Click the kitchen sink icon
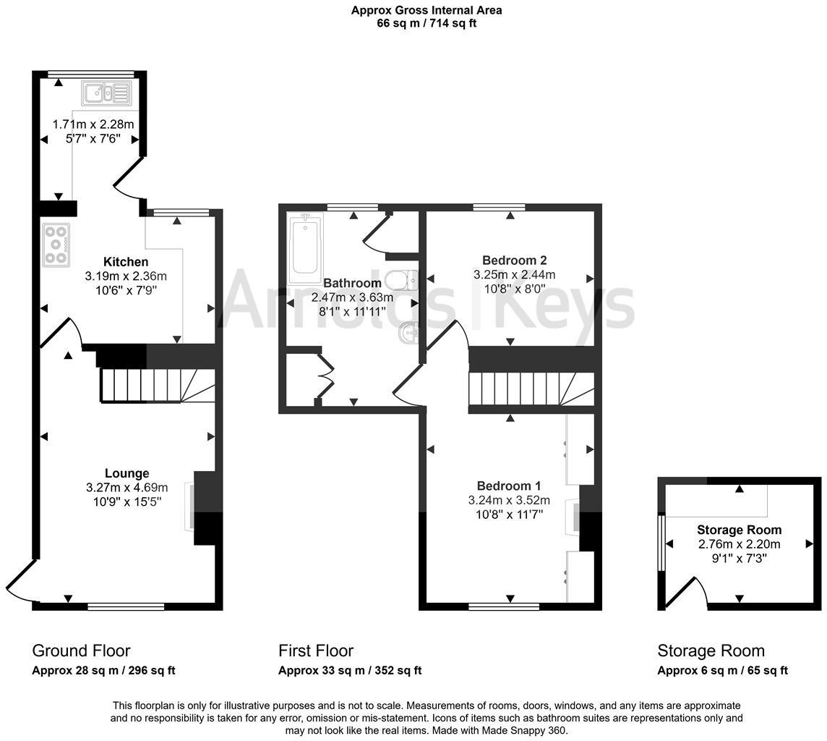[x=106, y=92]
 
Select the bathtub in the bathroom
[x=306, y=250]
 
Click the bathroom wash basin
[x=408, y=333]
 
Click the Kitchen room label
[x=126, y=262]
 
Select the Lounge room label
[x=127, y=474]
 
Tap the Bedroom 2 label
[x=514, y=261]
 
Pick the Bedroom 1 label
[x=508, y=486]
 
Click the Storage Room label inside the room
[x=739, y=530]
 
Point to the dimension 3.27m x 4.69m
[x=127, y=488]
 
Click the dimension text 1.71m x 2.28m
[x=93, y=124]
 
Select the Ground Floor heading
[x=81, y=651]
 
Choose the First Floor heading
[x=316, y=651]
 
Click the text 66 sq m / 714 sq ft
[x=427, y=23]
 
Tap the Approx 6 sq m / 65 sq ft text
[x=722, y=671]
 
